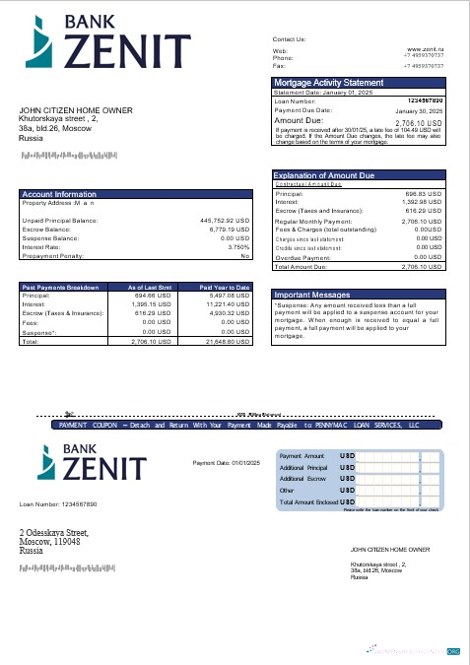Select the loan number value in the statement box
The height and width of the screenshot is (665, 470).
point(424,100)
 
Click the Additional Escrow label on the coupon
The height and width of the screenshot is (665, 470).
point(302,478)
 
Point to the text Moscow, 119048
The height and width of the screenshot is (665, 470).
point(49,542)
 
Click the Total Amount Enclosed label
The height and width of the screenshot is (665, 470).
point(308,501)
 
